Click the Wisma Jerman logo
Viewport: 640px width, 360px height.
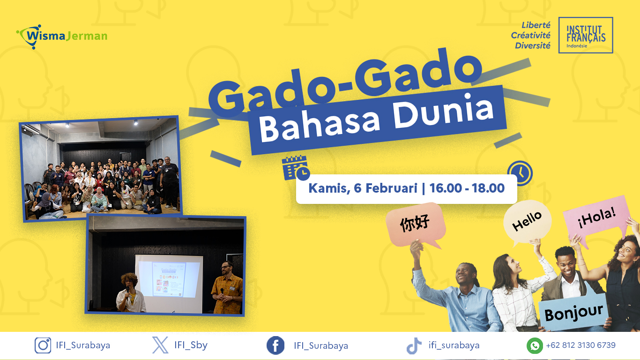(61, 36)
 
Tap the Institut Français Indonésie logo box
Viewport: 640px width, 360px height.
(586, 35)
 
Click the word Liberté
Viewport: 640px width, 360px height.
(536, 25)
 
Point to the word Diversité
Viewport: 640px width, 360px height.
(533, 45)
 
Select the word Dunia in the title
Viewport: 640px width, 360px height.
(443, 112)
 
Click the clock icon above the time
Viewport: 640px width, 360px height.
(520, 173)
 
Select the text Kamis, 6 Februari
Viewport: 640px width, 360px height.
(363, 188)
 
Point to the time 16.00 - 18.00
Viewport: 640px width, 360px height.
(467, 188)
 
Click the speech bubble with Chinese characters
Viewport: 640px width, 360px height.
(416, 225)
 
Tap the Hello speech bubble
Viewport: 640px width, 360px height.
(527, 222)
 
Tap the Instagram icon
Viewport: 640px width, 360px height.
(43, 345)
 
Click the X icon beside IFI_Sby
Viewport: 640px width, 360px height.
(160, 345)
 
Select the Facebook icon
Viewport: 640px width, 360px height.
(275, 345)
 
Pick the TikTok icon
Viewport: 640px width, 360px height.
(414, 345)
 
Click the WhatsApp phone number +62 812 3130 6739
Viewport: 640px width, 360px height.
(580, 345)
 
